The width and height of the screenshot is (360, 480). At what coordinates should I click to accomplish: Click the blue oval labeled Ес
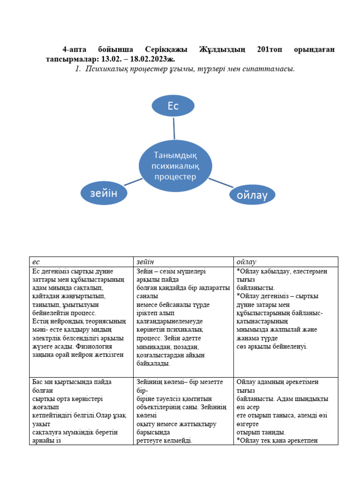pyautogui.click(x=173, y=106)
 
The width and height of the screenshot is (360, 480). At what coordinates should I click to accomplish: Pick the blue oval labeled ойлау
pyautogui.click(x=253, y=195)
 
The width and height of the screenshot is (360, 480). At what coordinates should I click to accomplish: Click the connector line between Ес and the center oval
pyautogui.click(x=174, y=128)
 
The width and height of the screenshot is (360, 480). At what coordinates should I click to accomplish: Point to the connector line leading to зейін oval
pyautogui.click(x=134, y=181)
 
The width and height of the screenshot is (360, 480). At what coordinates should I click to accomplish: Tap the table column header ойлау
pyautogui.click(x=247, y=262)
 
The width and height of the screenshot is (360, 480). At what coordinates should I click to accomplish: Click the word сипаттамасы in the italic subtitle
pyautogui.click(x=270, y=69)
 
